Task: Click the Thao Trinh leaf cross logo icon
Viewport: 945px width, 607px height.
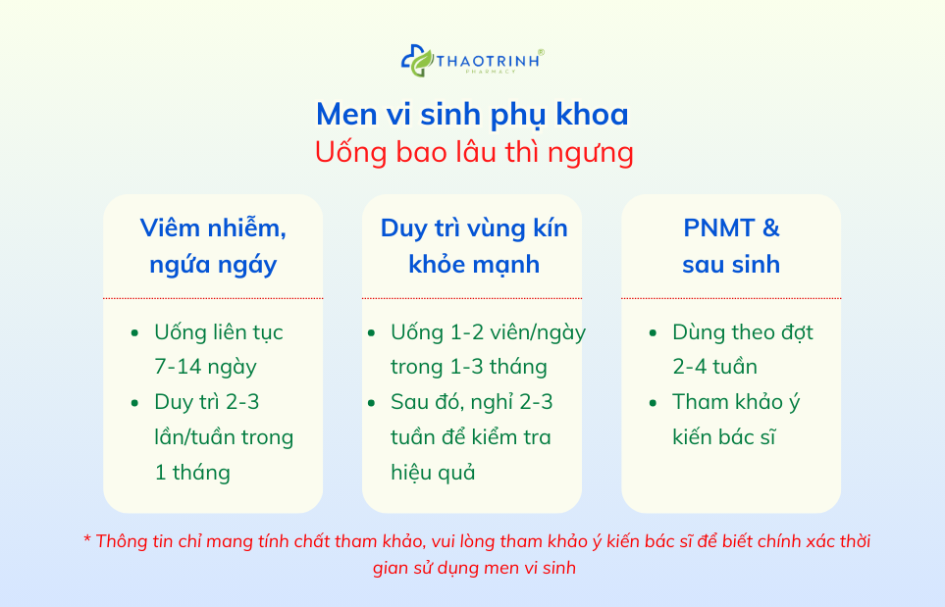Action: pos(416,61)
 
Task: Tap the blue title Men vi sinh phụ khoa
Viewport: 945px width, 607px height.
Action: pos(472,114)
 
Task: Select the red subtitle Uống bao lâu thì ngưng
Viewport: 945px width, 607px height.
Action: pos(472,153)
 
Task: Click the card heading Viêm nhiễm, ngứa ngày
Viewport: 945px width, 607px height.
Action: pos(213,246)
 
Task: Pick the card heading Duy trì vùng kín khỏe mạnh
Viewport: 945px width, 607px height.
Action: pos(473,246)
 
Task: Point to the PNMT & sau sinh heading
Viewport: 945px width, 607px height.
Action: pos(731,246)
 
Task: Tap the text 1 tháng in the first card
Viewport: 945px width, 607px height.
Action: pos(192,472)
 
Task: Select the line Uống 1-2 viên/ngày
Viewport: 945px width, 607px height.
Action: pos(488,332)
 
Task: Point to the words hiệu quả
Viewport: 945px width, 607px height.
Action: pos(433,472)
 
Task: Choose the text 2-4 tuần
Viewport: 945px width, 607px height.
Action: pos(714,367)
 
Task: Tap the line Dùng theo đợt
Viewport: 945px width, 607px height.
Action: pos(742,332)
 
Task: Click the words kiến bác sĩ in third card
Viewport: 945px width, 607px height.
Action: pos(724,436)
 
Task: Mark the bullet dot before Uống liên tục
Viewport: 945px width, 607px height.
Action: pos(134,333)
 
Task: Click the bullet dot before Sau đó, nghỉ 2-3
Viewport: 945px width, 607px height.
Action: pos(371,403)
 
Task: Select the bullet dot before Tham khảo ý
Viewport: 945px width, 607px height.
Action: pos(654,403)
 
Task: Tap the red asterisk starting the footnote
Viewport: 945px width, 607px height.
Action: pos(86,540)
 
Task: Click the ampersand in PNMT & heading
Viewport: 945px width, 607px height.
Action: pos(770,228)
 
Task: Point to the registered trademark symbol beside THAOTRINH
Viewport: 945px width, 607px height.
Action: pos(541,52)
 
